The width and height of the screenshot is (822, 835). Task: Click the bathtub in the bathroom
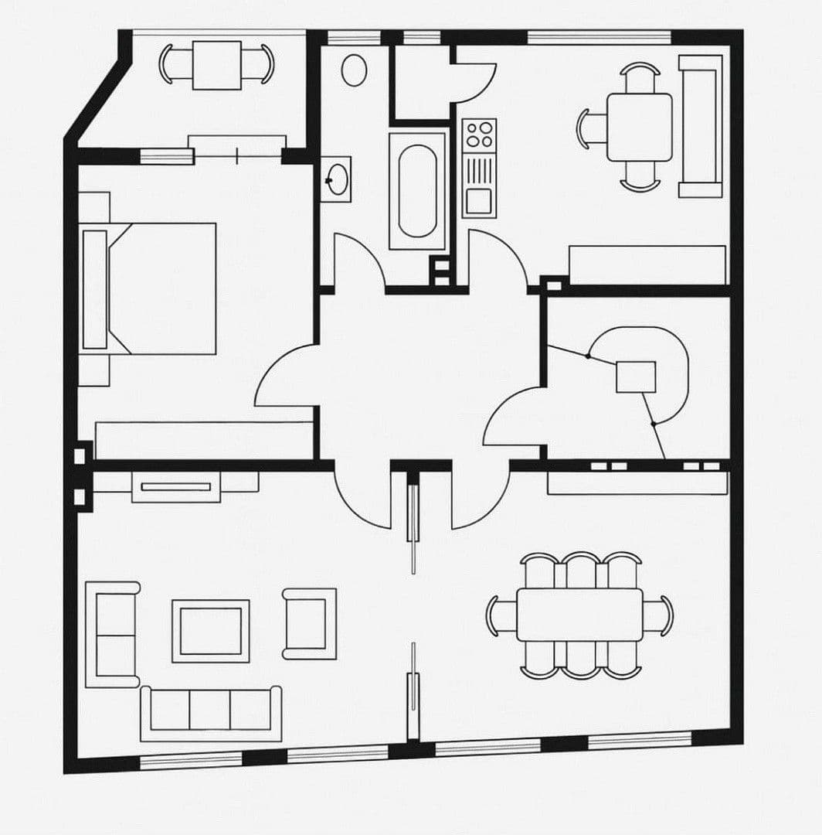click(417, 191)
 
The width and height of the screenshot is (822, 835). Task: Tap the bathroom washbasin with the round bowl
click(335, 179)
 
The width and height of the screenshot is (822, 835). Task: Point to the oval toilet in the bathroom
click(354, 70)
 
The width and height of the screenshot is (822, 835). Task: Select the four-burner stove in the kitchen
click(479, 134)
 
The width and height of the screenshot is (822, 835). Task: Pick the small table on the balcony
click(216, 65)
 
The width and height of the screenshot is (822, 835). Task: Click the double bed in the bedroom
click(155, 288)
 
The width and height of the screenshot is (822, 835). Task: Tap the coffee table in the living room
click(210, 630)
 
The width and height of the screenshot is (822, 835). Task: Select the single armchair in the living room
click(309, 623)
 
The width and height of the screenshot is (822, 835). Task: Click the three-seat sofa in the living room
click(210, 711)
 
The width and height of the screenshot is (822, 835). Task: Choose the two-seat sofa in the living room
click(113, 634)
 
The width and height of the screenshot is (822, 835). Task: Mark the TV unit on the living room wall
click(176, 486)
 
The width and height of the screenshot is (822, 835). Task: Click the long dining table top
click(579, 615)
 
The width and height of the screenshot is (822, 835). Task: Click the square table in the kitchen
click(639, 127)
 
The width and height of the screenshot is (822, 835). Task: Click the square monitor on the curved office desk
click(636, 377)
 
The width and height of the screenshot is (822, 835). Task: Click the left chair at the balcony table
click(171, 64)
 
